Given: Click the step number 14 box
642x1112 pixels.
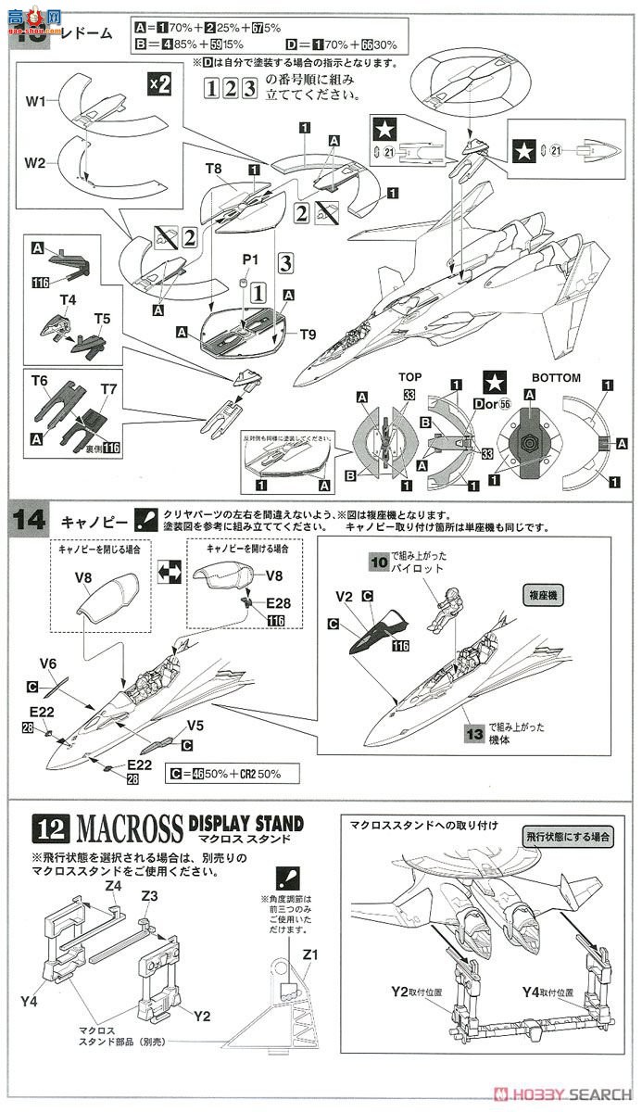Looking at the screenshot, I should click(x=28, y=520).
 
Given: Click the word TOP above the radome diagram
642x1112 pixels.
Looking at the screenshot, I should click(x=410, y=378).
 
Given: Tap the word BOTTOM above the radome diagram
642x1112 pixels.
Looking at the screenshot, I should click(x=558, y=378).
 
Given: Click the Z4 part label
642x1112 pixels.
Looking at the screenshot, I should click(x=113, y=886).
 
